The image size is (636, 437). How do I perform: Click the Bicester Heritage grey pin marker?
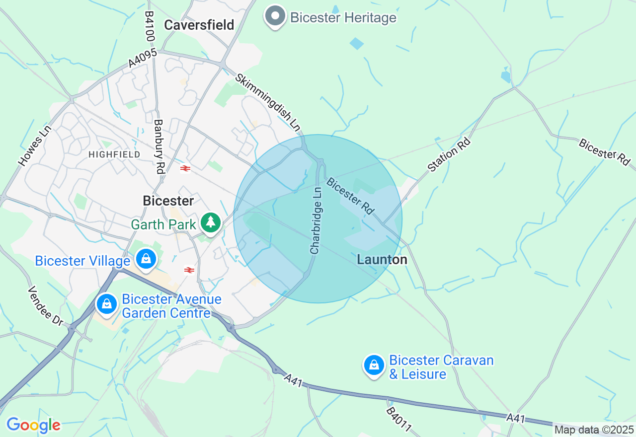275,16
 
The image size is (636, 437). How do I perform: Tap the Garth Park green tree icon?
211,222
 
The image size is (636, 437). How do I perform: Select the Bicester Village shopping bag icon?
146,259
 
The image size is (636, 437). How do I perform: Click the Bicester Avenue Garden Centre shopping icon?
107,303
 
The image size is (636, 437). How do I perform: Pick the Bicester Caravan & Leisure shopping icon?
374,365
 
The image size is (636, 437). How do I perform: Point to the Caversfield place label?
199,25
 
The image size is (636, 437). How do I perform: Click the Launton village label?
382,259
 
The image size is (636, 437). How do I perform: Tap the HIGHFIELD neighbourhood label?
114,154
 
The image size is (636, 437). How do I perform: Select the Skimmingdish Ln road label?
268,103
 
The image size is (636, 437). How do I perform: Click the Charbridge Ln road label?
316,219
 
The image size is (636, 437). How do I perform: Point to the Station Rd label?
449,155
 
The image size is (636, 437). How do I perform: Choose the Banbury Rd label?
159,146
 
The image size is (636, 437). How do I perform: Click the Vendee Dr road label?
45,306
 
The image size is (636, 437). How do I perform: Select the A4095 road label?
143,58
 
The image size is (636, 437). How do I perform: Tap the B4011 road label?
399,420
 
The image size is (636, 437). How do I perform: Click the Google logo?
34,425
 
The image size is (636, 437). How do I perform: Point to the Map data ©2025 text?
594,430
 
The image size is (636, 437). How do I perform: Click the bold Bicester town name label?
168,201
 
